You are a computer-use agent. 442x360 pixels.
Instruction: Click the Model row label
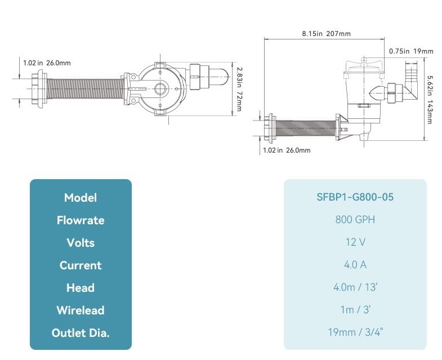click(81, 198)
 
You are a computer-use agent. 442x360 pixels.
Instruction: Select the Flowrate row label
click(81, 220)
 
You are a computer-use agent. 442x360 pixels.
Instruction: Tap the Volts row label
click(81, 243)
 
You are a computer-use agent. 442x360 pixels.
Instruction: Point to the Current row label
click(81, 265)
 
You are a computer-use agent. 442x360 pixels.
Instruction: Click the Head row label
click(81, 288)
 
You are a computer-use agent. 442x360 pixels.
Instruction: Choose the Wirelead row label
click(81, 310)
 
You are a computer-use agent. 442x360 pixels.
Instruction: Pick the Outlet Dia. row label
click(81, 333)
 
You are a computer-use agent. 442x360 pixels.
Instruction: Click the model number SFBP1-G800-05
click(355, 197)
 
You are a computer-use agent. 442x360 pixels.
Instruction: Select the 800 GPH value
click(355, 220)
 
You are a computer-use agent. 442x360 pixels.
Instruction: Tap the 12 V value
click(355, 242)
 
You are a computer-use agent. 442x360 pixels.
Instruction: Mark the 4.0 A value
click(355, 265)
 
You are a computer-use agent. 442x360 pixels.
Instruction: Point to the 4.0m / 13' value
click(355, 287)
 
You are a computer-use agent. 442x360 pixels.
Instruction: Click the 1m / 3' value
click(355, 310)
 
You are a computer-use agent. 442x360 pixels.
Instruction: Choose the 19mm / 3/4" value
click(355, 332)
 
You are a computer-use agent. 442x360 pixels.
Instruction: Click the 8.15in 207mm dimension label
click(326, 34)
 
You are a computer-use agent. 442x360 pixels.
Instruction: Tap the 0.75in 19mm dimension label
click(411, 51)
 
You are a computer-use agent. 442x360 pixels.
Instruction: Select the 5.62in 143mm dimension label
click(430, 100)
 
